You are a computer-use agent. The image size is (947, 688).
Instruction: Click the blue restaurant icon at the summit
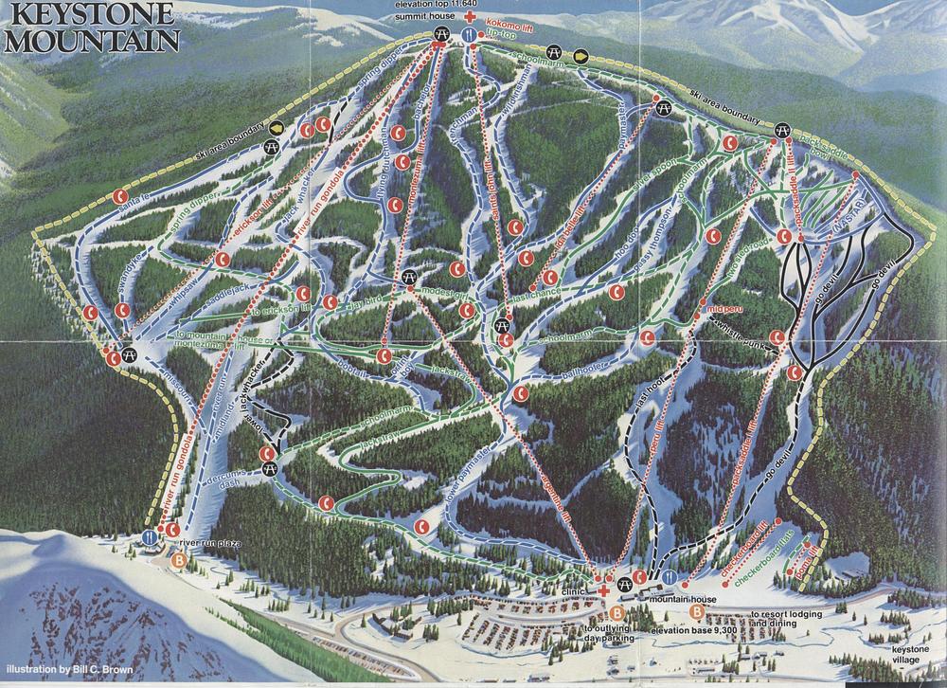coord(468,34)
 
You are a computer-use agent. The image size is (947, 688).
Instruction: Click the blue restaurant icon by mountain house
coord(671,576)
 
